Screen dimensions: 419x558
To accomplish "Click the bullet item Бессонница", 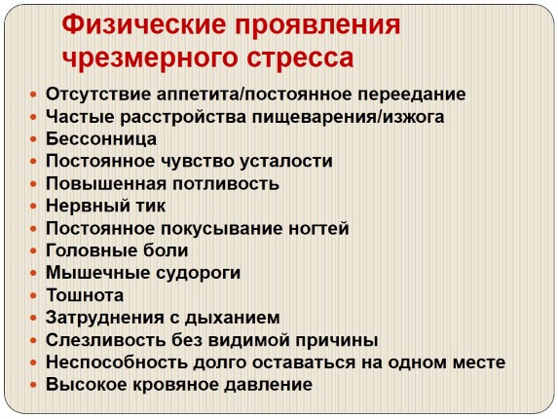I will pyautogui.click(x=101, y=138).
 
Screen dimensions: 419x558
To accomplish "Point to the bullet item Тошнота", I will pyautogui.click(x=85, y=295).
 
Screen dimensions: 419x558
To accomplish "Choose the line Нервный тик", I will pyautogui.click(x=105, y=206).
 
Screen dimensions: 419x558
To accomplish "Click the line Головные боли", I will pyautogui.click(x=117, y=250).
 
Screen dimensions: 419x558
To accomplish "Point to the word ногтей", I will pyautogui.click(x=316, y=228).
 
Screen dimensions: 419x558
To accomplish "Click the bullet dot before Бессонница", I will pyautogui.click(x=35, y=139).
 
